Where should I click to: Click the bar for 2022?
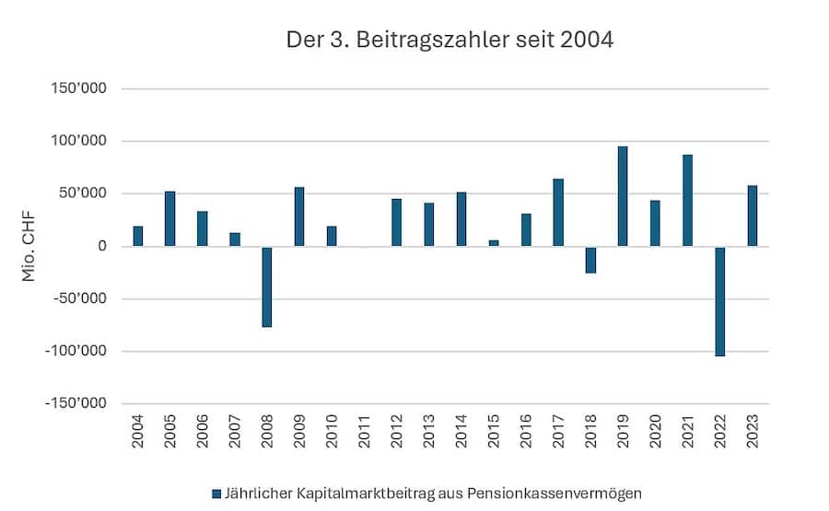720,301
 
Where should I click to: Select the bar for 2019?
623,196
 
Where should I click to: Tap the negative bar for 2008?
267,286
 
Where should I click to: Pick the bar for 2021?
687,200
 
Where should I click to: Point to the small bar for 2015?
494,243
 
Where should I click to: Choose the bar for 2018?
590,260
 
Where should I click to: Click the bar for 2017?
558,212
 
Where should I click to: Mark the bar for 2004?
138,236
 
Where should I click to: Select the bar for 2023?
753,215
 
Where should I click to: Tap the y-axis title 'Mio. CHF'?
29,246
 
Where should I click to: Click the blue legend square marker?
216,494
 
